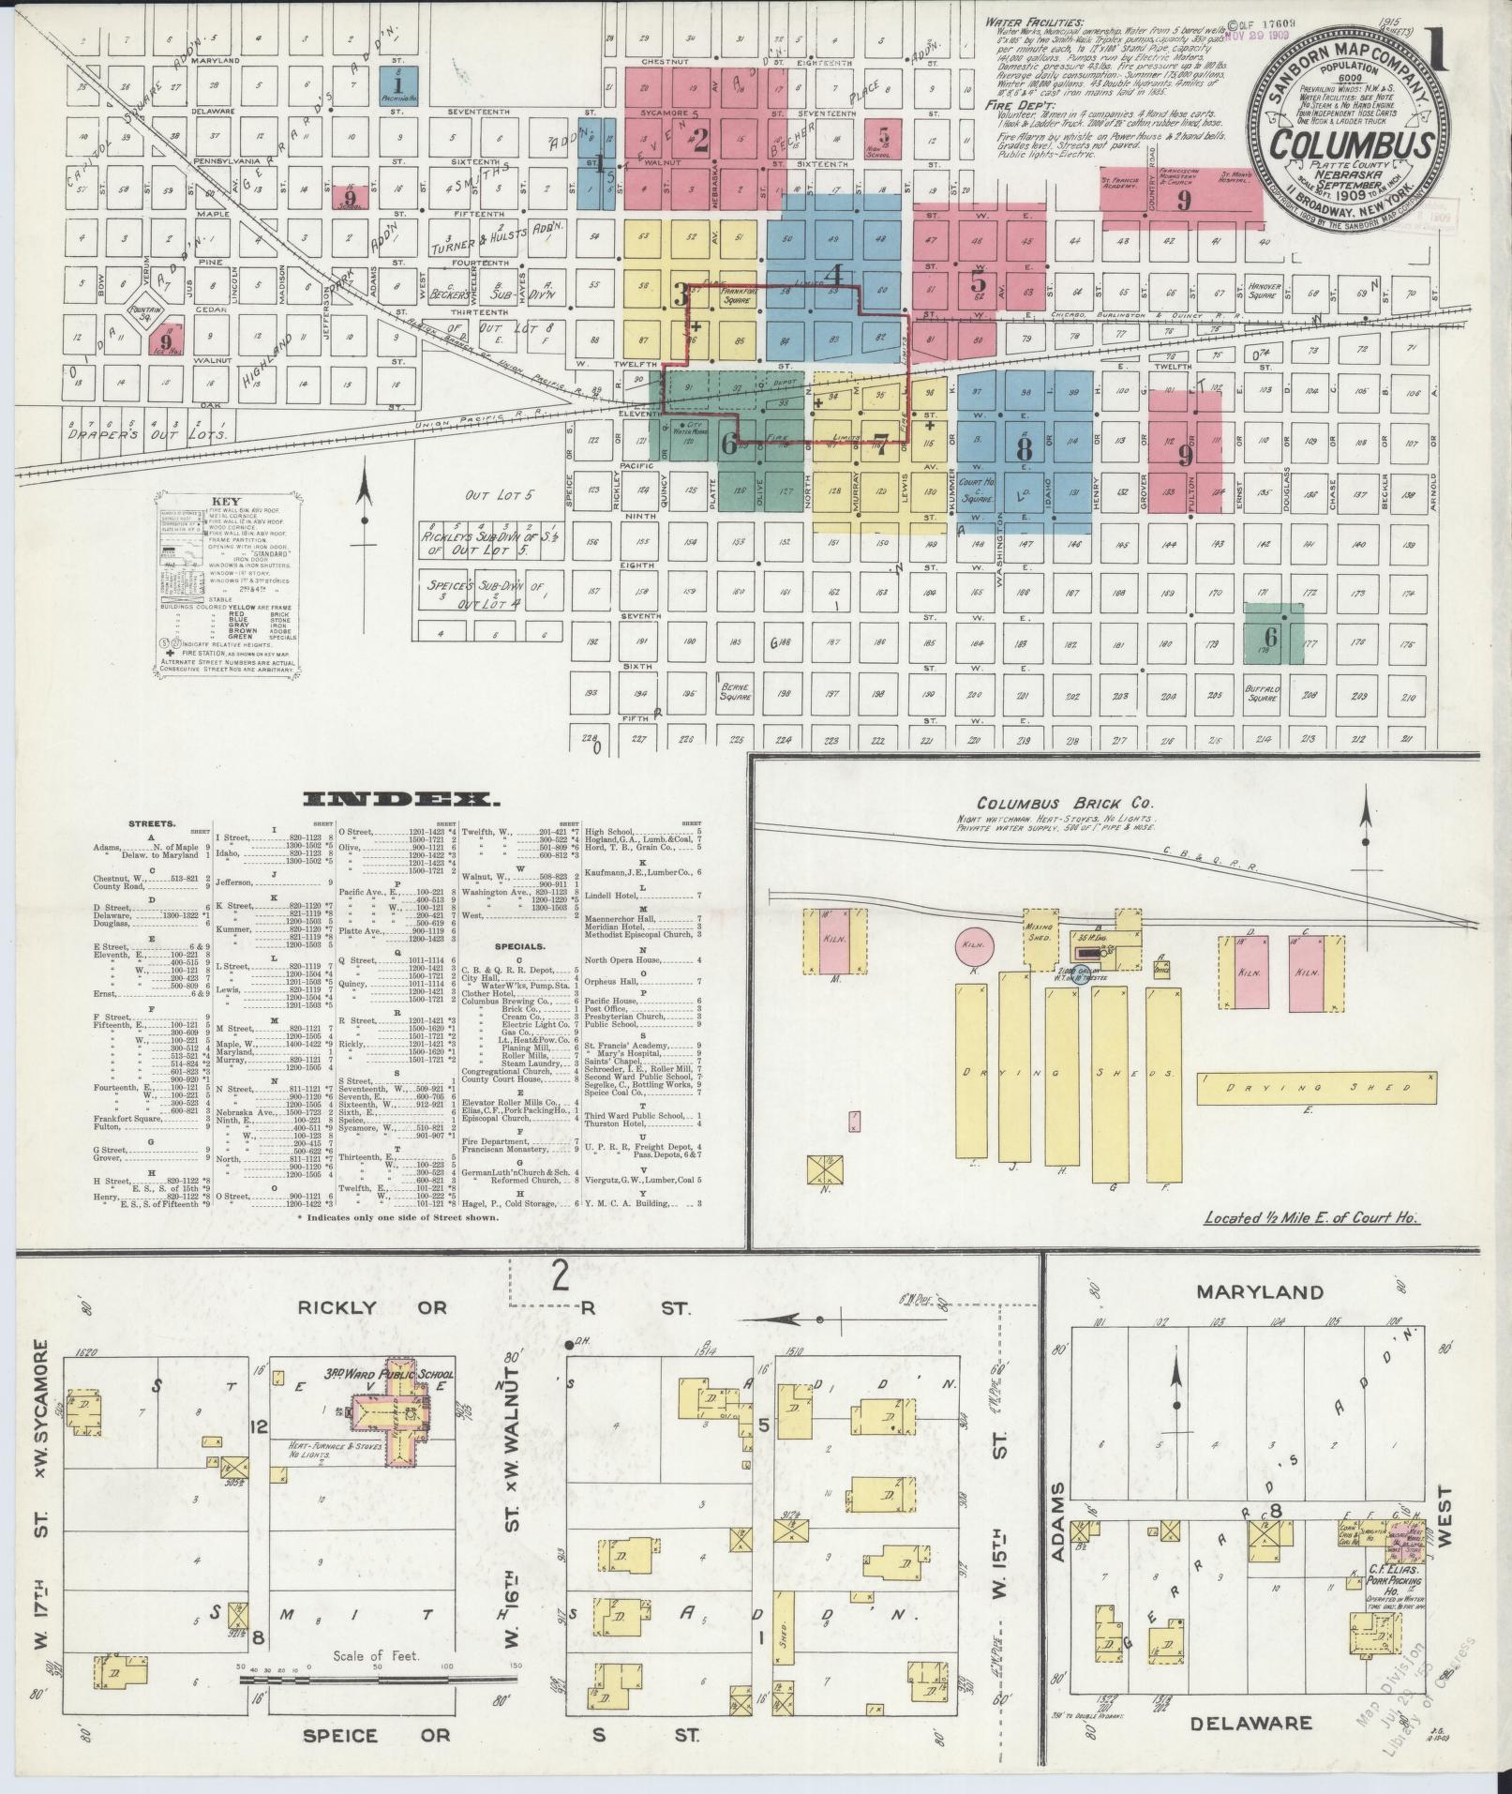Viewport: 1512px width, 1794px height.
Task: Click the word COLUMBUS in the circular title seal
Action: (x=1351, y=143)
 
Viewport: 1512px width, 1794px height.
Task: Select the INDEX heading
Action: (x=400, y=800)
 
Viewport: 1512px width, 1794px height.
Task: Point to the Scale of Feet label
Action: (x=376, y=1656)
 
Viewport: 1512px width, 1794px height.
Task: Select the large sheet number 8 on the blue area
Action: (x=1024, y=447)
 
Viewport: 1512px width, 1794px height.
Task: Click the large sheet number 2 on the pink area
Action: (x=699, y=140)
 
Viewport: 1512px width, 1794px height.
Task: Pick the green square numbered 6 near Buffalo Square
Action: (x=1271, y=634)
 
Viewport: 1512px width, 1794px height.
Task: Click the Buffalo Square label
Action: (x=1262, y=693)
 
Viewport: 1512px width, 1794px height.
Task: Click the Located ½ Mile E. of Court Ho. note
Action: (x=1311, y=1218)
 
